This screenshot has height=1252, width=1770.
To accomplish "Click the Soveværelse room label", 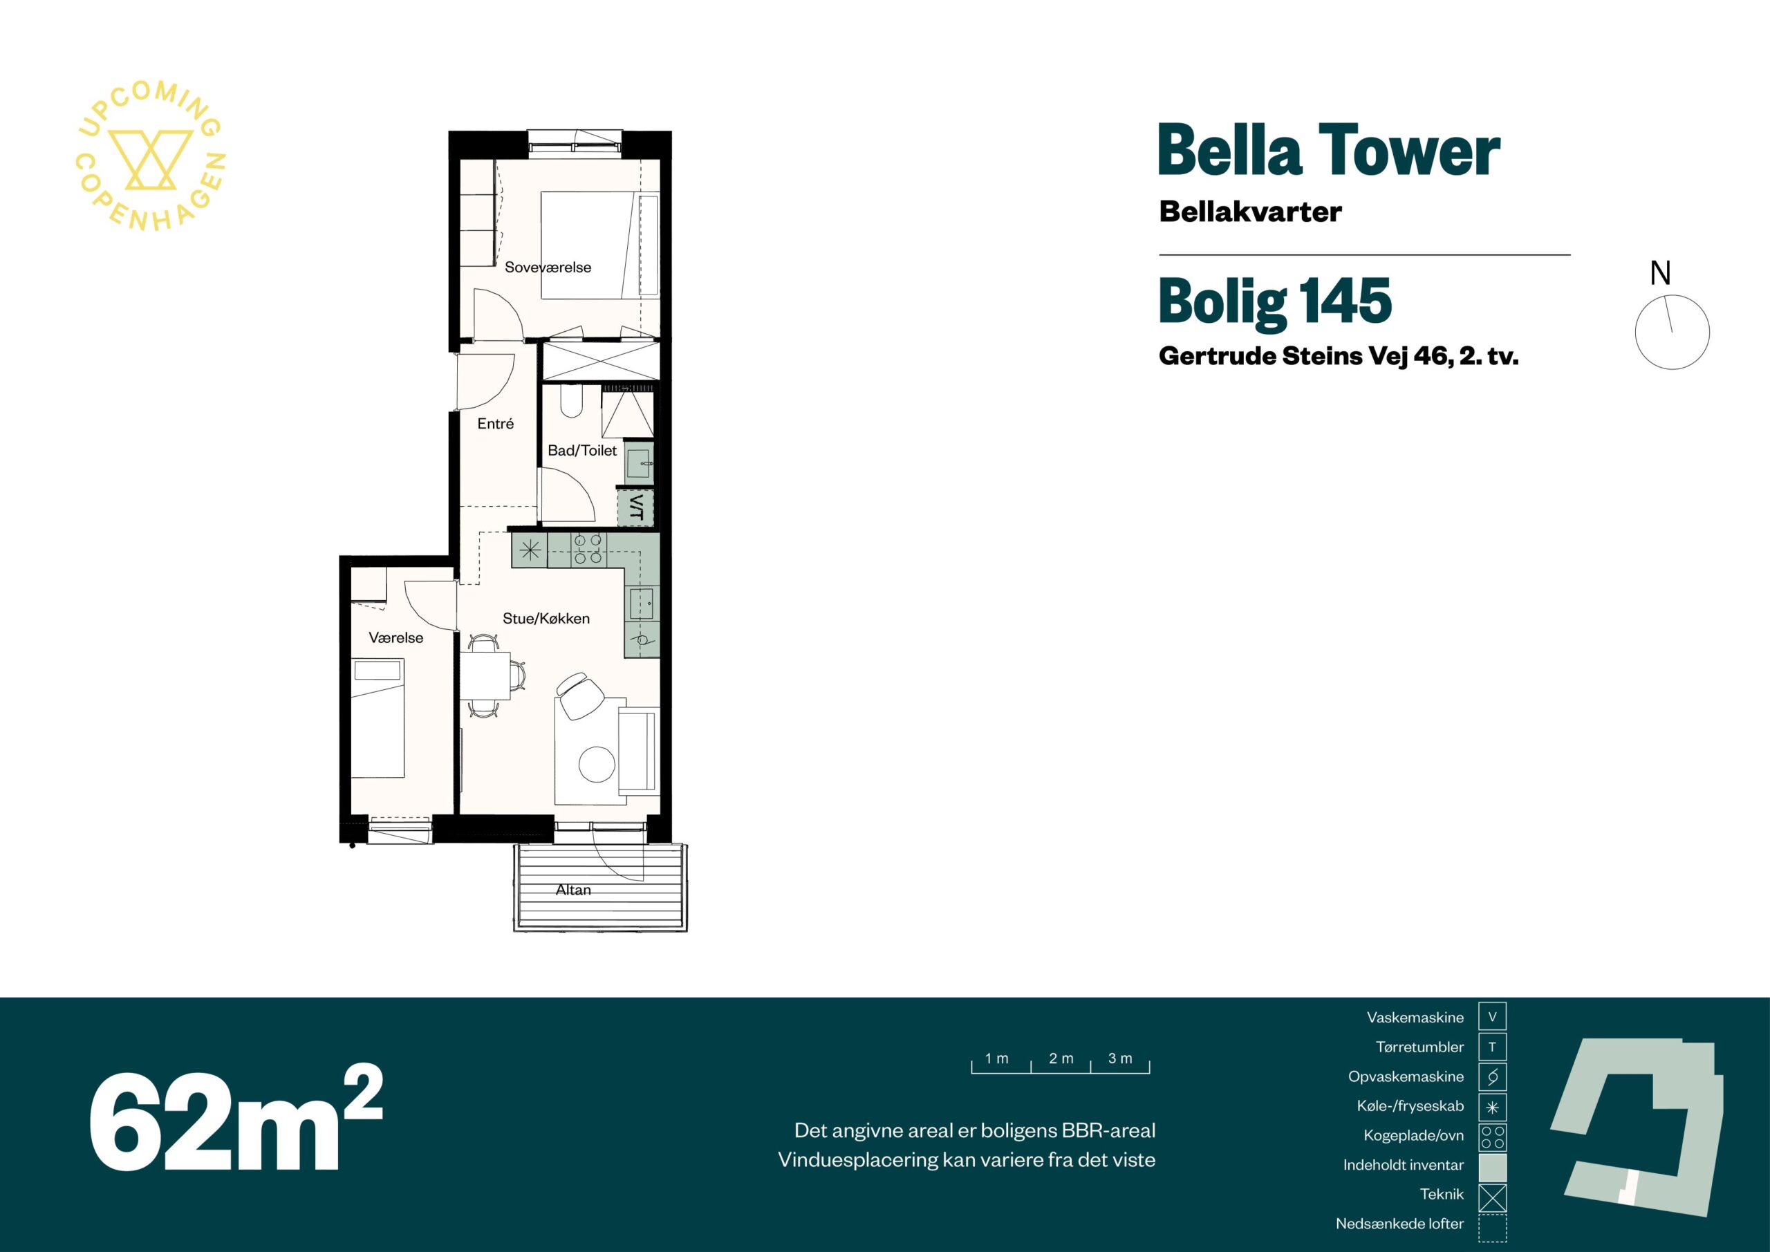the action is point(548,268).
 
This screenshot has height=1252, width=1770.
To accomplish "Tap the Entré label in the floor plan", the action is point(495,423).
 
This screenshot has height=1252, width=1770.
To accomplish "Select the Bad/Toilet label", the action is point(582,450).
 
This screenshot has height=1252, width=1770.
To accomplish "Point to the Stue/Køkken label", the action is point(546,618).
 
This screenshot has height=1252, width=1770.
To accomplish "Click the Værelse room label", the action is point(395,637).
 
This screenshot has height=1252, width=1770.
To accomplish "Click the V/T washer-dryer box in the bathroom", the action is point(636,507).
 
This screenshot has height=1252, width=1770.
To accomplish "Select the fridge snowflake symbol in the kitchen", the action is point(530,550).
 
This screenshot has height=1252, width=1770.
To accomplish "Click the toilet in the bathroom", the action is point(571,402).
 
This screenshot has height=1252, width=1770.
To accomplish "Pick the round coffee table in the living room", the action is point(597,765).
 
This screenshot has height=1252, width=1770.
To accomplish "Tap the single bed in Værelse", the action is point(378,718).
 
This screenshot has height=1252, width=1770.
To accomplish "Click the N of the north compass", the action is point(1660,273).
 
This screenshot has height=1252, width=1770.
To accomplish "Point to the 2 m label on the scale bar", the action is point(1061,1058).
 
